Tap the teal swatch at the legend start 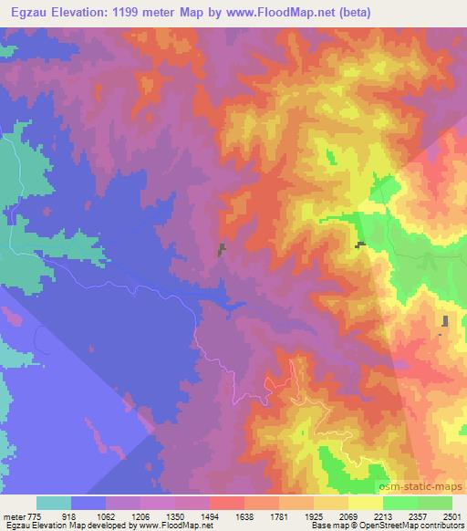coord(53,504)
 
